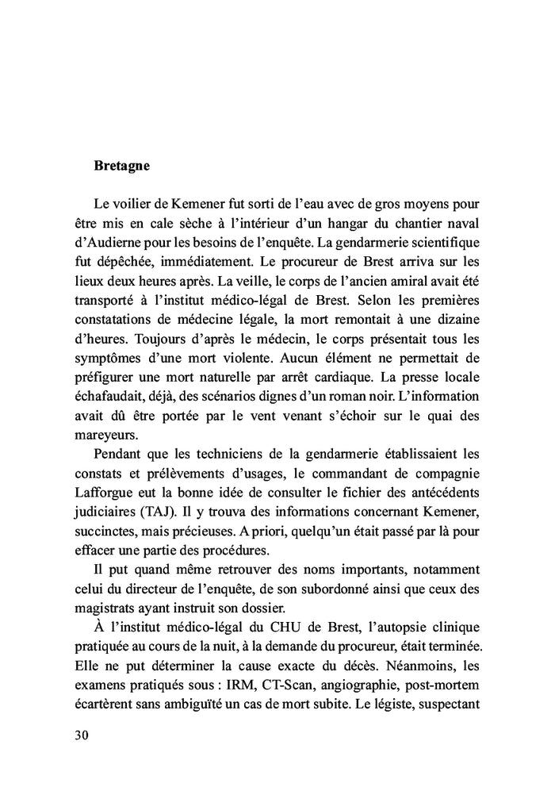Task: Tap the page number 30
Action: [81, 734]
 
